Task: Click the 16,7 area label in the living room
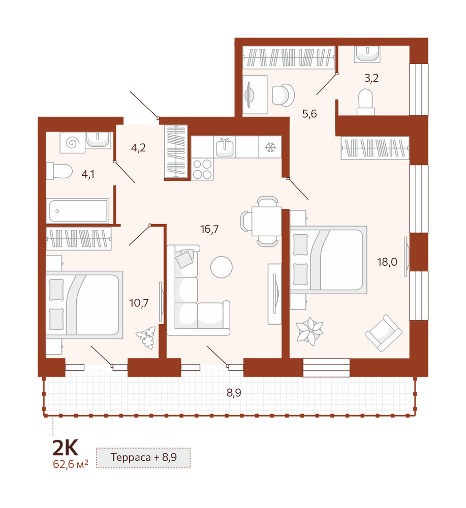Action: coord(209,230)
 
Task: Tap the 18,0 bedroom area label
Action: coord(387,262)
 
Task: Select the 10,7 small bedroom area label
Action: coord(139,303)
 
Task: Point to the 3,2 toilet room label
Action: coord(371,78)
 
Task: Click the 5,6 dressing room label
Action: coord(309,114)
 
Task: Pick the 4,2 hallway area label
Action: coord(138,148)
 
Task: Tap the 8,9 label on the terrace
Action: coord(234,393)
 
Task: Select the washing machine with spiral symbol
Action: coord(72,142)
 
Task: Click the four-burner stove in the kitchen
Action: coord(203,169)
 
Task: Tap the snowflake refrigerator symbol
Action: coord(270,147)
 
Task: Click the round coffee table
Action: coord(222,267)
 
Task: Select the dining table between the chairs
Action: coord(266,221)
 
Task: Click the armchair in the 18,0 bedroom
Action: coord(384,333)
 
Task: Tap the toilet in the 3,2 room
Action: coord(366,102)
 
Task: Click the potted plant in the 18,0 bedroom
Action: coord(310,331)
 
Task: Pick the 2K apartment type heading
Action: coord(65,448)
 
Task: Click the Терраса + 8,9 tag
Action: coord(143,458)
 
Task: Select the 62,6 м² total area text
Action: coord(71,464)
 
